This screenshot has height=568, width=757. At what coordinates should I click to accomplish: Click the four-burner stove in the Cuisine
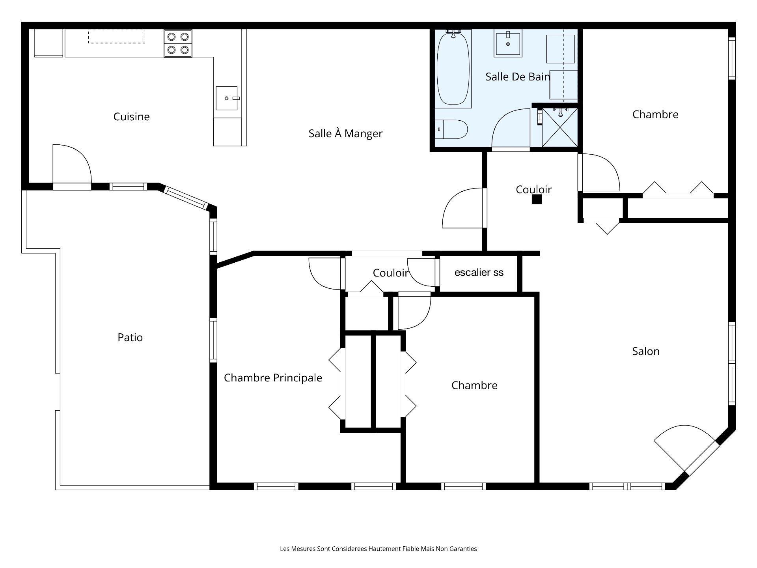[x=178, y=43]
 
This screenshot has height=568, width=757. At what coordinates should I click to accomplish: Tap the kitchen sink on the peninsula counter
[x=227, y=98]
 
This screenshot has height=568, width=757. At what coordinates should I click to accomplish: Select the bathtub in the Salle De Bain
[x=453, y=68]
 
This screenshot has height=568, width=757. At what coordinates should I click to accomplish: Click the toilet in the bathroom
[x=451, y=129]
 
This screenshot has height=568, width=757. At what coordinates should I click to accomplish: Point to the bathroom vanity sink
[x=508, y=44]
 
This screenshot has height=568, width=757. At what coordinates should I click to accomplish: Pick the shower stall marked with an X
[x=560, y=127]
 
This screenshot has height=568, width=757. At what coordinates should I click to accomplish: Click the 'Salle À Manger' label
[x=345, y=134]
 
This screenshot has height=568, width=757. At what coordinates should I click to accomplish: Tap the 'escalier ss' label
[x=479, y=273]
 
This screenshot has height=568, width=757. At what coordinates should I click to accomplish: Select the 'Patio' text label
[x=130, y=337]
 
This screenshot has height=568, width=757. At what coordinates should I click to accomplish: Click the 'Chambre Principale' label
[x=273, y=378]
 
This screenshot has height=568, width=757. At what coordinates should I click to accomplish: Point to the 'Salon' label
[x=646, y=351]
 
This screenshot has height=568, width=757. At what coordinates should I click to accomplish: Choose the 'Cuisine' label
[x=132, y=117]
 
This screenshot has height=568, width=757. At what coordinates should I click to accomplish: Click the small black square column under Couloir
[x=537, y=200]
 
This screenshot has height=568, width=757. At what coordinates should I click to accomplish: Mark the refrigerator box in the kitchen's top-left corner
[x=49, y=43]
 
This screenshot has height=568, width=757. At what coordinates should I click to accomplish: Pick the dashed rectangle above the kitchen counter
[x=117, y=36]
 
